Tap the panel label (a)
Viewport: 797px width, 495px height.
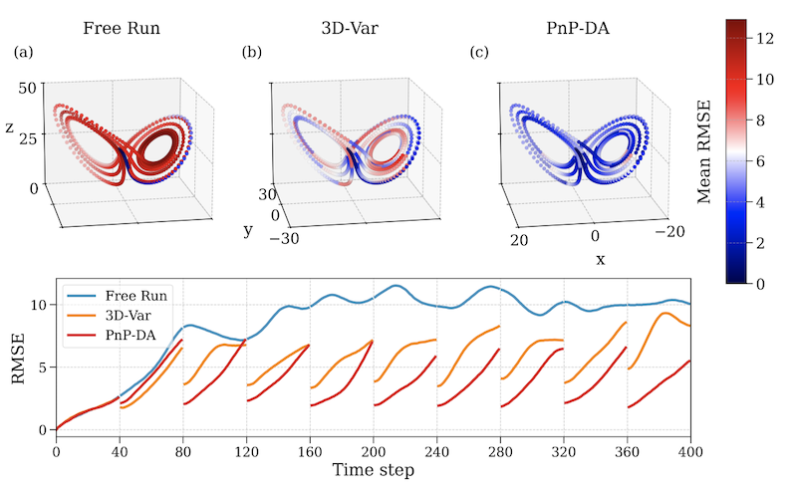[x=23, y=52]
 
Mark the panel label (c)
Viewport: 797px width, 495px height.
[x=480, y=52]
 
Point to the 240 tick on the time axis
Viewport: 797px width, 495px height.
[x=437, y=451]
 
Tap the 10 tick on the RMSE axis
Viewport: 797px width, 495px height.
[x=38, y=303]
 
